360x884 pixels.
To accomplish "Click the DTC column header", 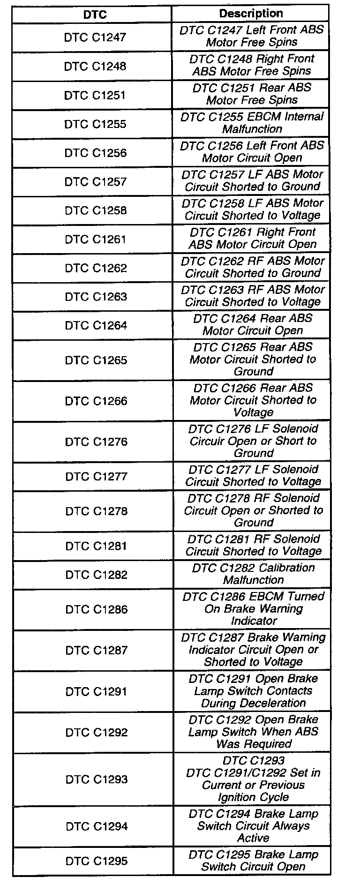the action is (x=95, y=15).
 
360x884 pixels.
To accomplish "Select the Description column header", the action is (x=251, y=14).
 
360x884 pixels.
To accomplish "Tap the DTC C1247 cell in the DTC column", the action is (x=95, y=37).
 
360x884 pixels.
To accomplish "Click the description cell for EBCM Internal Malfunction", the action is (x=252, y=123).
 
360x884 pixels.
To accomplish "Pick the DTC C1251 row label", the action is (x=95, y=95).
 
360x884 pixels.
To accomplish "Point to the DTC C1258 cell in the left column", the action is (x=96, y=210).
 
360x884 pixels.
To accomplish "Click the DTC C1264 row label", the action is (x=96, y=325).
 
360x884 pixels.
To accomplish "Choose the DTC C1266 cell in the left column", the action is (x=96, y=401).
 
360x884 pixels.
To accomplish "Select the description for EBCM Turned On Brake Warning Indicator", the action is (x=254, y=608).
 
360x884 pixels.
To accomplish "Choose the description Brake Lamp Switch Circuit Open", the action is (x=254, y=861).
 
